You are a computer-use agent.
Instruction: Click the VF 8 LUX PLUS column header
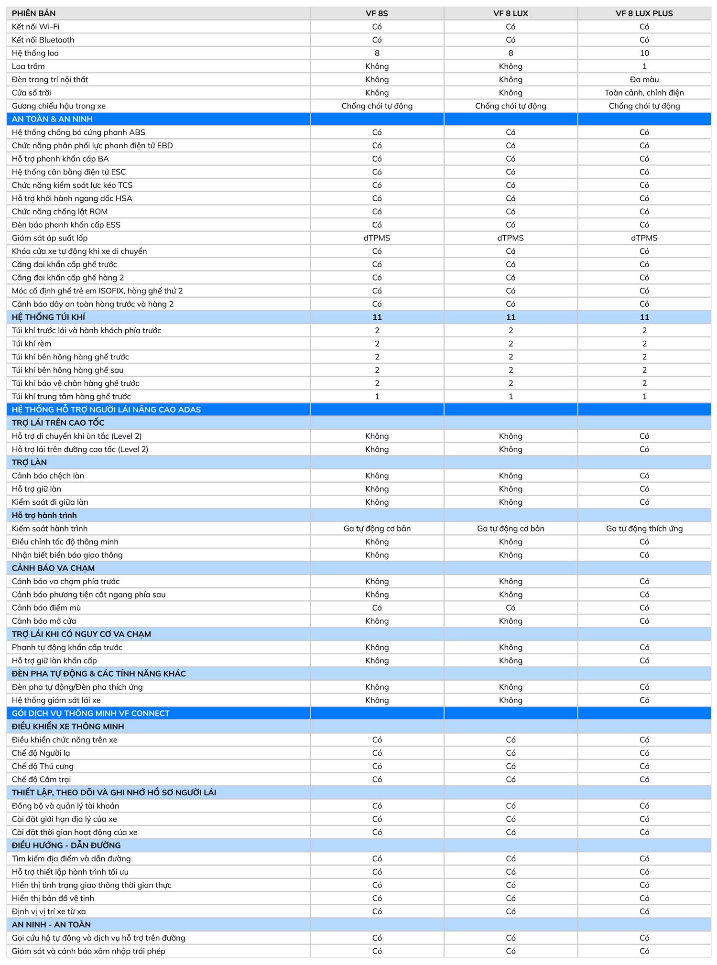[644, 13]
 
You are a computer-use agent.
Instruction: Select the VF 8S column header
[377, 13]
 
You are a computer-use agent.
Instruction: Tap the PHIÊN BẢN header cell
[33, 13]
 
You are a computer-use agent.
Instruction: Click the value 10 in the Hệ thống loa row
[644, 53]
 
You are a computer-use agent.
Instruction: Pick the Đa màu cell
[644, 79]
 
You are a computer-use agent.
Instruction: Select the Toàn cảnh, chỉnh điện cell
[644, 93]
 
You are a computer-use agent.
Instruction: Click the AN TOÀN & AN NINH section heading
[52, 119]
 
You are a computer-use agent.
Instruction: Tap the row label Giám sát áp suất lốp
[50, 238]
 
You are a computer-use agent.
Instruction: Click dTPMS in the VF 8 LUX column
[511, 238]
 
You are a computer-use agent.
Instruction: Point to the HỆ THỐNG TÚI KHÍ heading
[48, 317]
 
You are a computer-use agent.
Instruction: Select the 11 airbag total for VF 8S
[377, 317]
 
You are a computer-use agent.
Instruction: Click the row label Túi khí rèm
[32, 344]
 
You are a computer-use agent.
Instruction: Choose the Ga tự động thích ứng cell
[644, 529]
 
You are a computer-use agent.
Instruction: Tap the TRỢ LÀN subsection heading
[29, 462]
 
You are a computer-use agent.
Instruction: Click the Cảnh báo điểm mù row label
[46, 608]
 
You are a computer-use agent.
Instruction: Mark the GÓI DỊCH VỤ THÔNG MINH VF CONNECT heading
[91, 713]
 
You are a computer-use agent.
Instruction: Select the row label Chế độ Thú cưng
[43, 766]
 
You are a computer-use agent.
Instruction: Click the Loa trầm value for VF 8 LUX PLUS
[644, 66]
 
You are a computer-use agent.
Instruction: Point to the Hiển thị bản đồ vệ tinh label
[53, 898]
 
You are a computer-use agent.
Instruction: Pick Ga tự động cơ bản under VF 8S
[377, 529]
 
